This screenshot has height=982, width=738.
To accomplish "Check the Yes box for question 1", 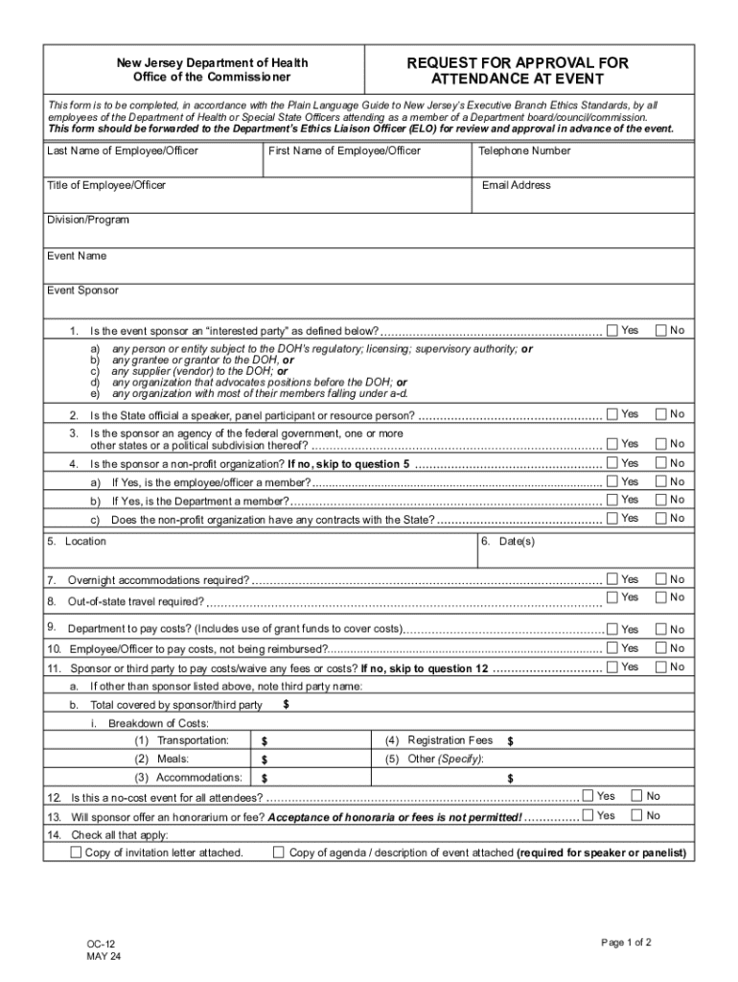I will [x=612, y=331].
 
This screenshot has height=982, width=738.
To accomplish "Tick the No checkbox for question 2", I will [x=661, y=414].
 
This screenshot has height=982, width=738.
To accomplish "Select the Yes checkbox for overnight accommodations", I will [x=612, y=579].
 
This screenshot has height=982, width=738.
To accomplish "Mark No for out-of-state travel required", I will [x=661, y=597].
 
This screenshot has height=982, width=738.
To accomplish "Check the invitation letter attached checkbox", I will [x=76, y=853].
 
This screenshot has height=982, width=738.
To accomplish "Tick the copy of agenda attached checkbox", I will [x=279, y=853].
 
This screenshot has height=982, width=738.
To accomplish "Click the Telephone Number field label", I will [x=525, y=152].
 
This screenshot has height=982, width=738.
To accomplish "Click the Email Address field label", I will [x=516, y=185].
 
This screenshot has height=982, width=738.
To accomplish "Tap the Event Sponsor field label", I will [x=83, y=291].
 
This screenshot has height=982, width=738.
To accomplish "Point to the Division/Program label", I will [x=88, y=221].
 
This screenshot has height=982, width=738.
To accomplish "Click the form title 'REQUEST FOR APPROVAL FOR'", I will [x=518, y=63].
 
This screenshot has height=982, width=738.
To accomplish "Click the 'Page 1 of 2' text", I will [x=626, y=943].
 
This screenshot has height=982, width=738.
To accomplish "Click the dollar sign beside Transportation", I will [x=265, y=742].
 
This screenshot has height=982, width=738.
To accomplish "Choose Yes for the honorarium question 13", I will [x=588, y=815].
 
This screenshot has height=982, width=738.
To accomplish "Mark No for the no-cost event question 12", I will [x=635, y=796].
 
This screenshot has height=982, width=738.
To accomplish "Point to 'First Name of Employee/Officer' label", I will [x=344, y=152].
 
